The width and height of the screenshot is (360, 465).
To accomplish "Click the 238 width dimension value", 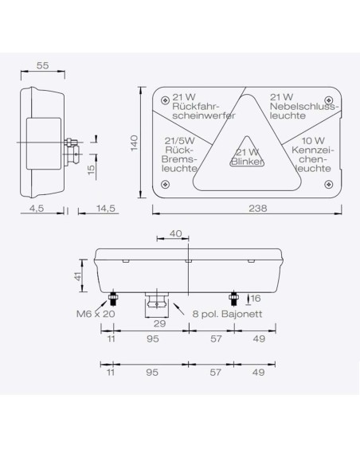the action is coord(258,208).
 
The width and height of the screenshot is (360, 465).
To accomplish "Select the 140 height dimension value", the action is coord(135,143).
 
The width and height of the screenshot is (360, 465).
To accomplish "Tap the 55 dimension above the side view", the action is coord(42,65).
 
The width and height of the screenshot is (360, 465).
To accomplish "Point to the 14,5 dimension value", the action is coord(106,208).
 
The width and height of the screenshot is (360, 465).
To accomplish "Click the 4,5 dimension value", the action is coord(37,208).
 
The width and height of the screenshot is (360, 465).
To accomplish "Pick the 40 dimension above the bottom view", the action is coord(175,233).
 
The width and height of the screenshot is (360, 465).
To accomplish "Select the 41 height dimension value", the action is coord(78,276).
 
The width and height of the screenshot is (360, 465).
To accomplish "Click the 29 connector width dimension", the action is coord(159,323).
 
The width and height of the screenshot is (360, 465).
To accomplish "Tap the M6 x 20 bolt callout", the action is coord(96,314).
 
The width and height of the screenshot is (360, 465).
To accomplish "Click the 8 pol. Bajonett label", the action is coord(227,314).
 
